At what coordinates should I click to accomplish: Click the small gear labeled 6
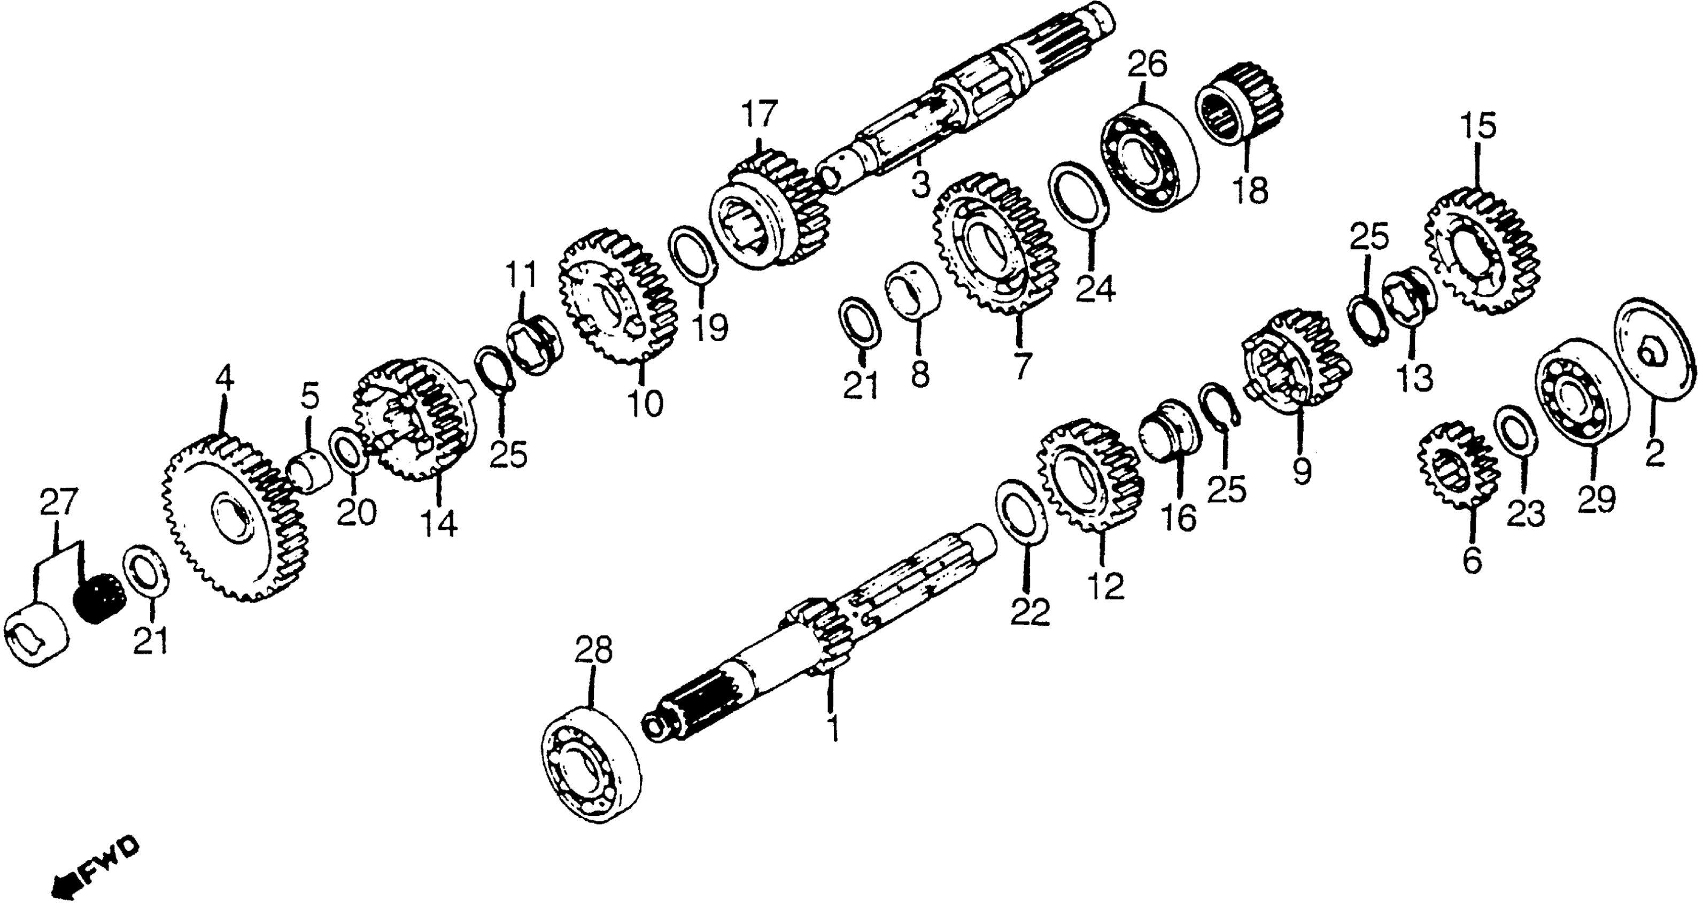(x=1458, y=467)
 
